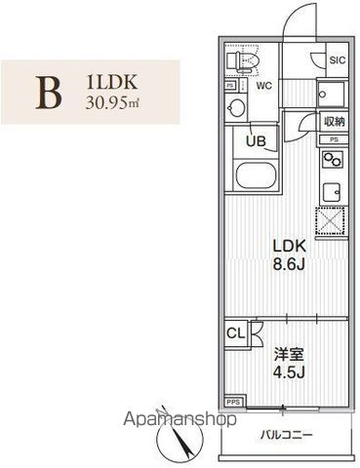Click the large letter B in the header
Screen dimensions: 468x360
coord(48,91)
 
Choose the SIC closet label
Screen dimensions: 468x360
coord(337,60)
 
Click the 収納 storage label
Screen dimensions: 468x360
coord(335,122)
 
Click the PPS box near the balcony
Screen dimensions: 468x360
coord(234,401)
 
